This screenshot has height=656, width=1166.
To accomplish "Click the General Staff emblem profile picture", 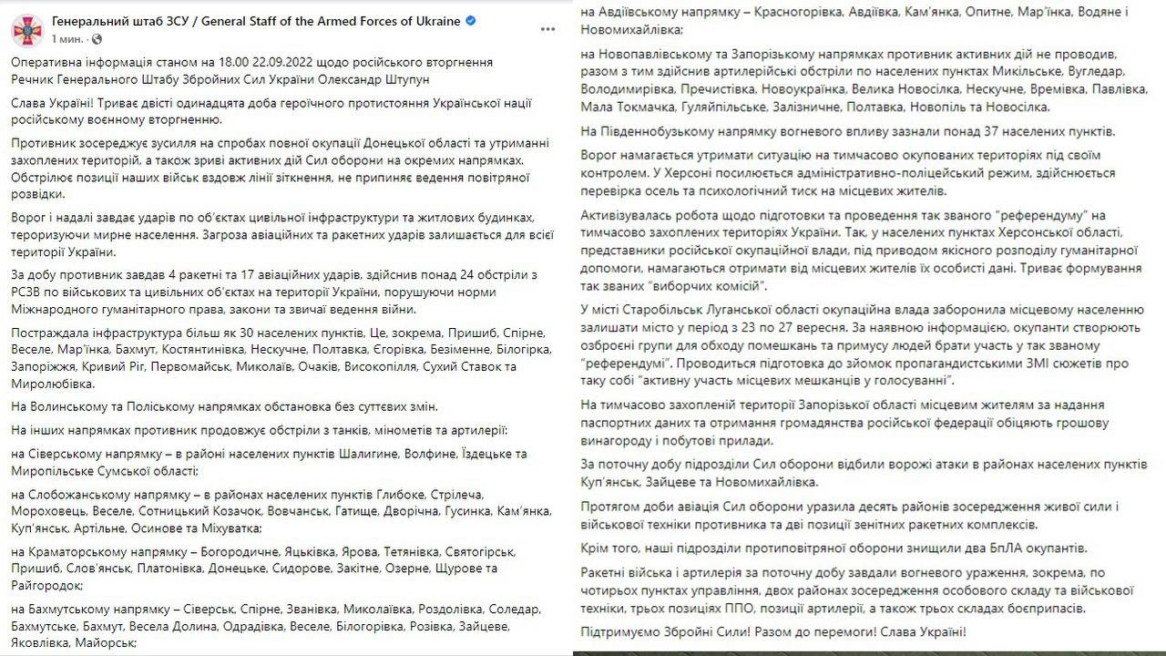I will (27, 29).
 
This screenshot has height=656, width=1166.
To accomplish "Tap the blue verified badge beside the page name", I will (469, 21).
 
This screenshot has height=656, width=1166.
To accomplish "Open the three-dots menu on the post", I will (547, 29).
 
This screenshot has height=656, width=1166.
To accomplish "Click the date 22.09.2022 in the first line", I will (277, 62).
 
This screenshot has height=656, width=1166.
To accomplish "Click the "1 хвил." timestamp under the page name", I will (69, 40).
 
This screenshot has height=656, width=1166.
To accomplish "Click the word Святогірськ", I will (478, 551).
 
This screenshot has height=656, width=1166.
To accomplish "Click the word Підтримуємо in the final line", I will (621, 630).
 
